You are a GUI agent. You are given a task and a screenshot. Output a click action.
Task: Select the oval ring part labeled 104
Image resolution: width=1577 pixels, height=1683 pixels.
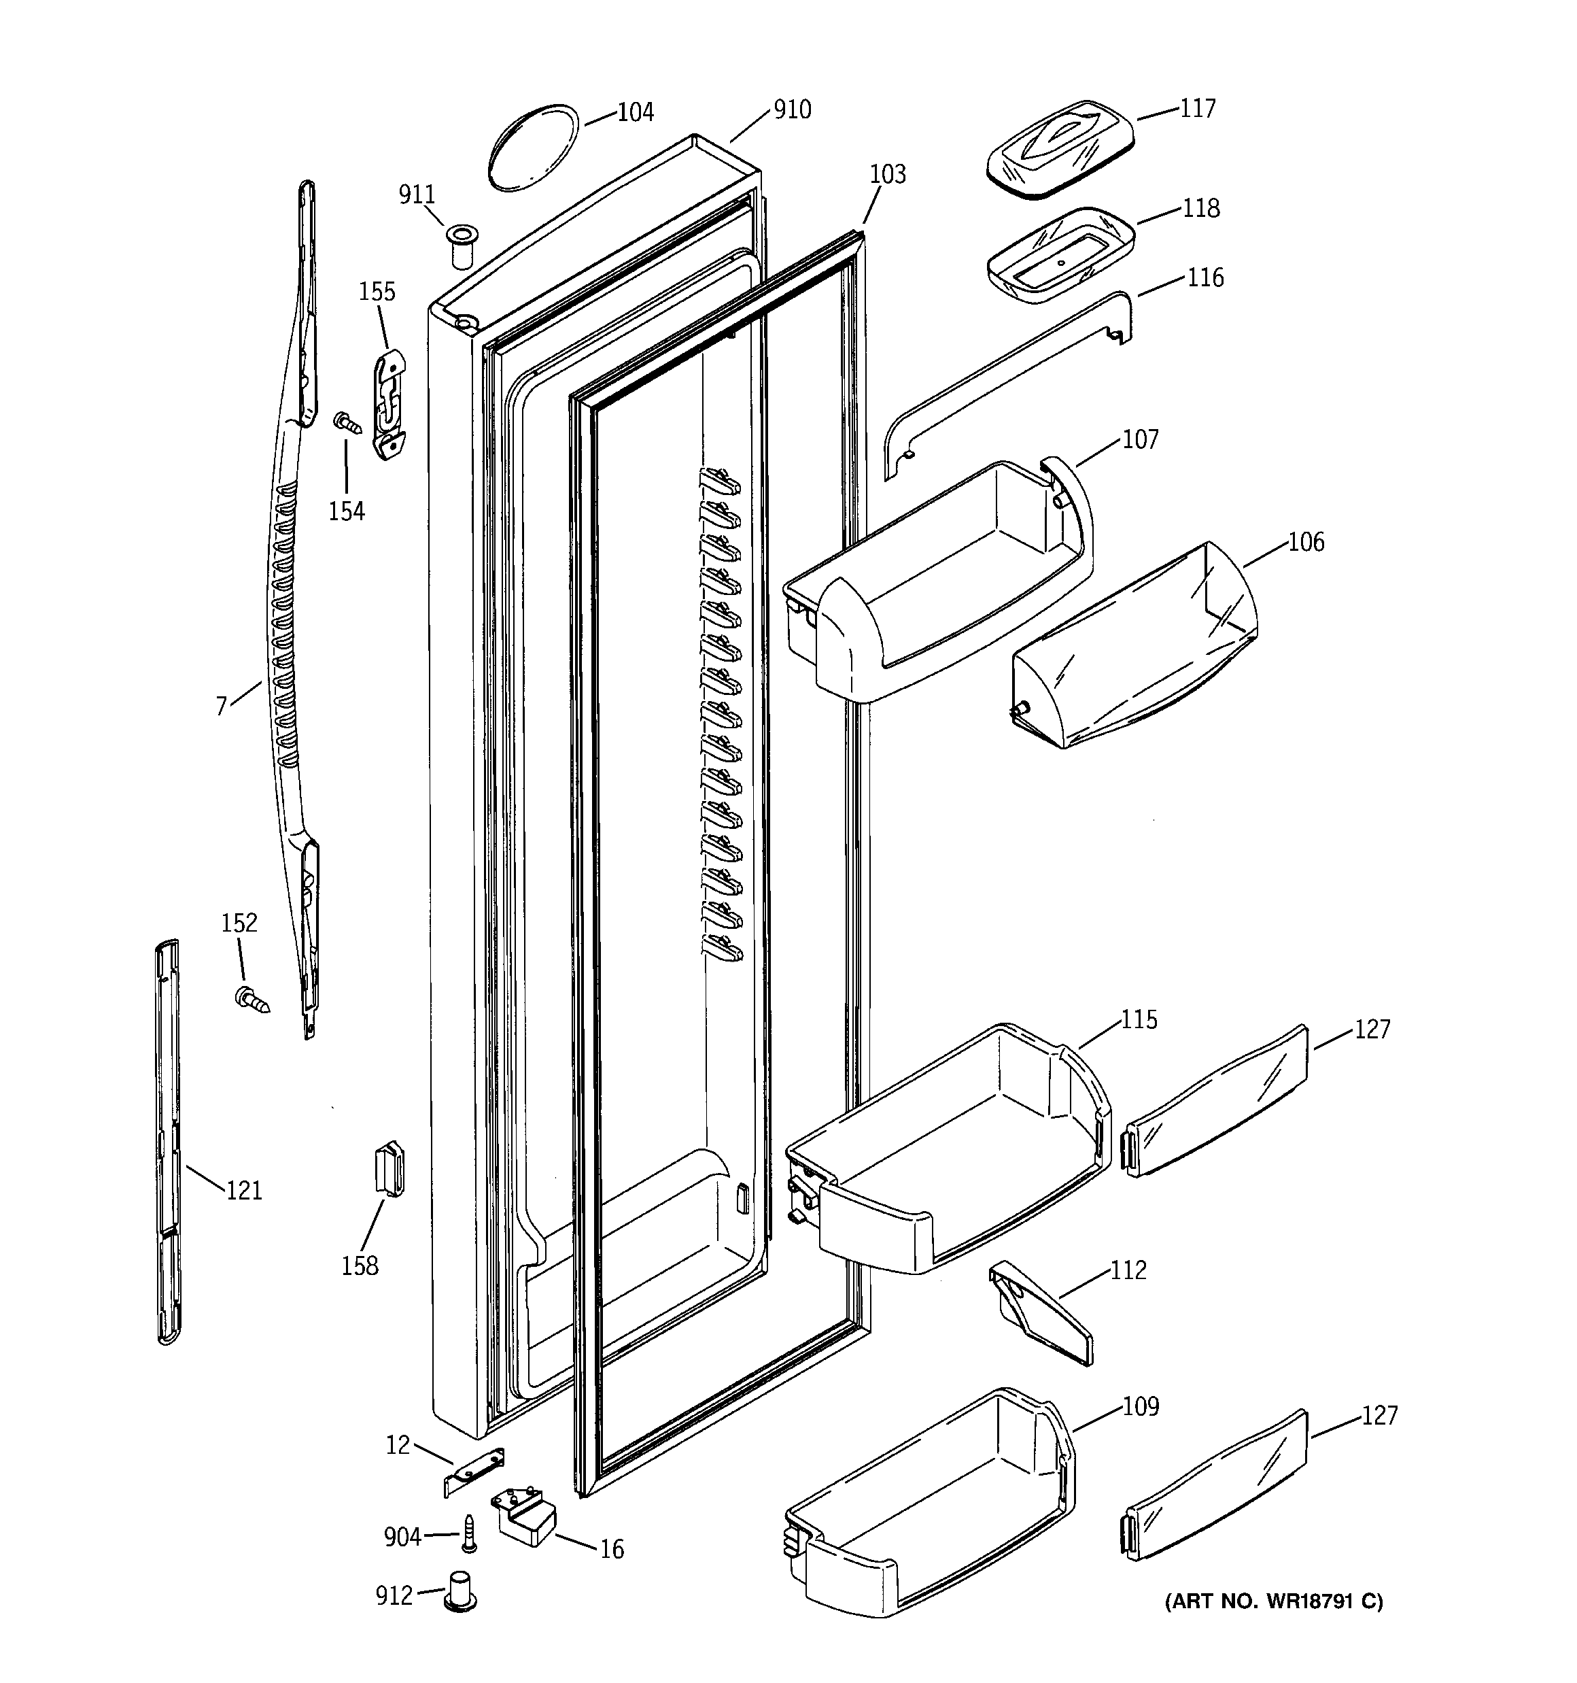532,150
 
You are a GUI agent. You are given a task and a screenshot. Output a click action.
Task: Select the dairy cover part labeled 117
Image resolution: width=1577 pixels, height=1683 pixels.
1060,150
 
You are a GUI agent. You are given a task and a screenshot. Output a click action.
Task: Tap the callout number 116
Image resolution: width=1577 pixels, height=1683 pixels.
1205,277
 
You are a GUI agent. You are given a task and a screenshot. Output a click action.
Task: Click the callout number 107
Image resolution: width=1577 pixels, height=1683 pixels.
1140,439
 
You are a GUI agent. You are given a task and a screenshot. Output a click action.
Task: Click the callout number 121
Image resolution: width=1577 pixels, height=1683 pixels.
244,1190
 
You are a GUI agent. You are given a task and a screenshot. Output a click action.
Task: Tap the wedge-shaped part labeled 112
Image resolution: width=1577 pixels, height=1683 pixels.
1040,1313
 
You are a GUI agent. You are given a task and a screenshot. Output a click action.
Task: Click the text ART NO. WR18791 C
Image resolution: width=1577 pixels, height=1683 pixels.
1274,1601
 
